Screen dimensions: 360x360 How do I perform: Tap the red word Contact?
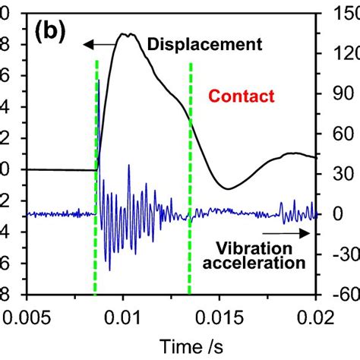[x=241, y=96]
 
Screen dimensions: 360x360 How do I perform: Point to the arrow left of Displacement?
[x=101, y=44]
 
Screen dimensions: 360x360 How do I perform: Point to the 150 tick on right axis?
[x=343, y=14]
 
